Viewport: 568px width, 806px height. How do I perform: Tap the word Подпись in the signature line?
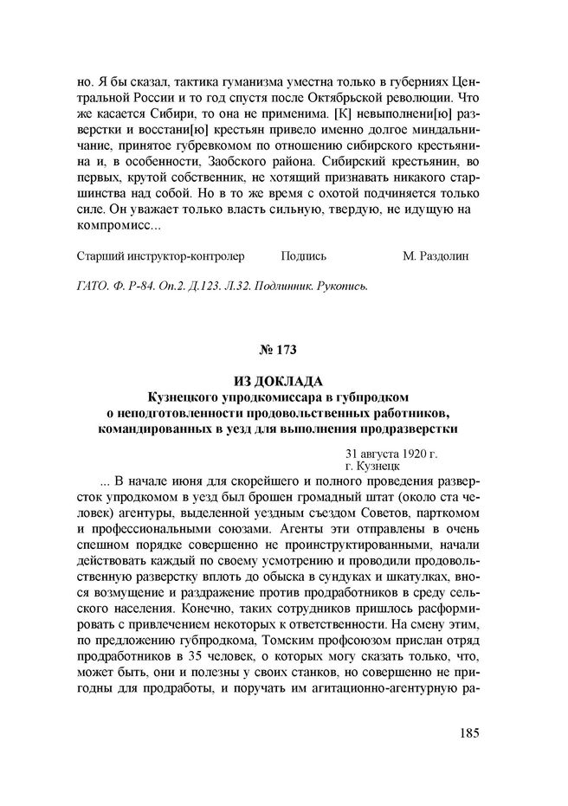[304, 257]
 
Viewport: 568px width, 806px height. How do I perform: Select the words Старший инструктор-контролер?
[161, 257]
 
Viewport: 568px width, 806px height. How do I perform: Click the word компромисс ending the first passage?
[120, 228]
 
